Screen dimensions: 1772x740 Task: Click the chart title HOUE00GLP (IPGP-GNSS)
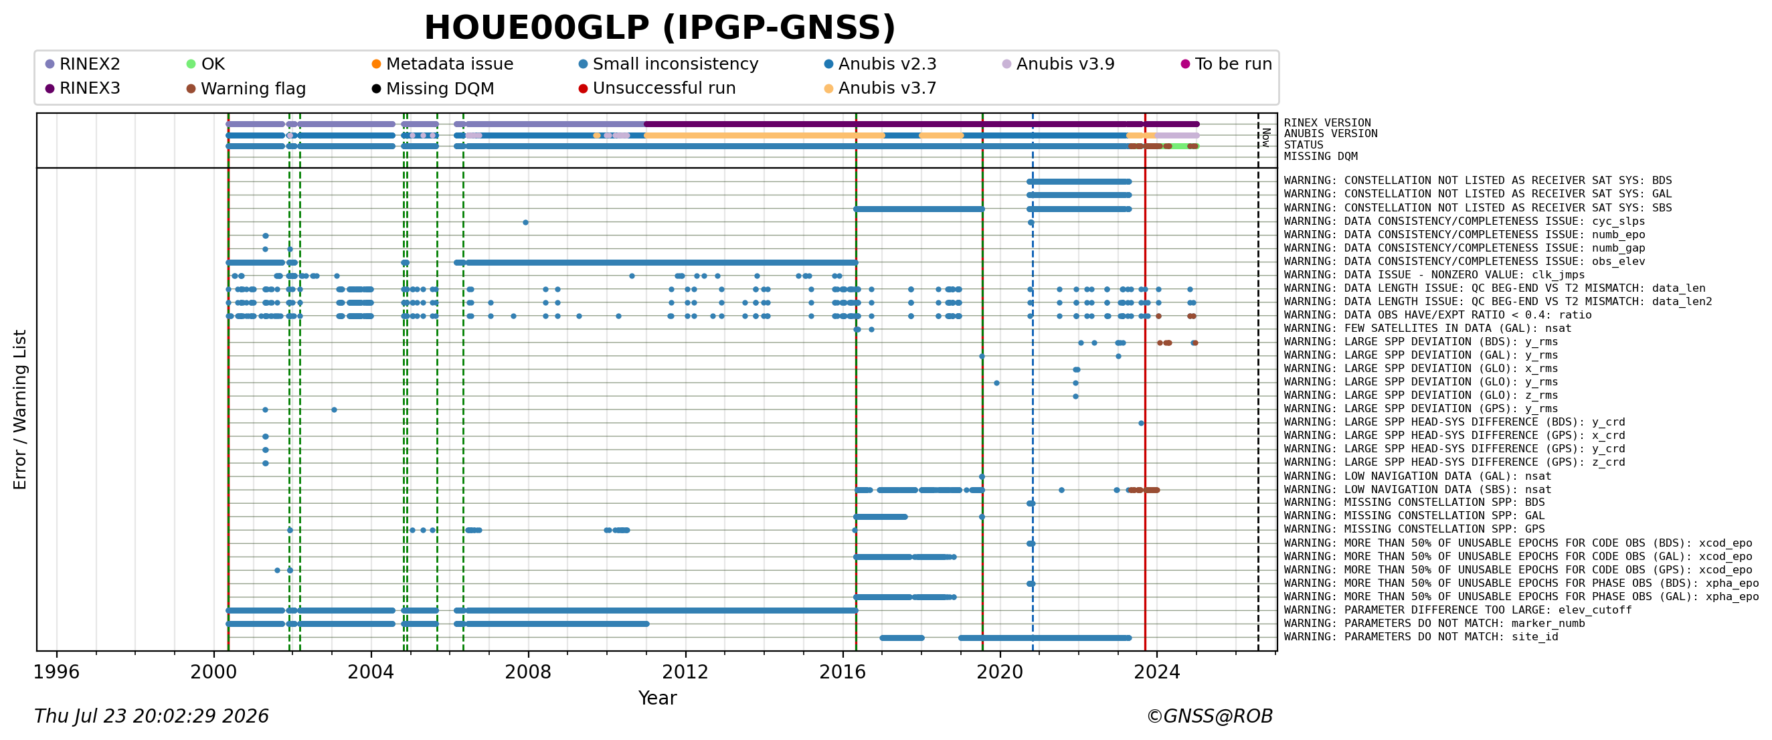[660, 28]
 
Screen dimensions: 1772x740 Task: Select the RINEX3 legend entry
[82, 89]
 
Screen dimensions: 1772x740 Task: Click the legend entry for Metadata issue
[442, 64]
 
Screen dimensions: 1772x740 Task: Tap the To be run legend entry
[1227, 64]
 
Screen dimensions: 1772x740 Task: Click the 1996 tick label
[56, 672]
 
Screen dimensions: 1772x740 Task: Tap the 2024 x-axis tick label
[1156, 672]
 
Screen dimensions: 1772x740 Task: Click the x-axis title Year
[657, 698]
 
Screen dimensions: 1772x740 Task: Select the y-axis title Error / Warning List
[20, 409]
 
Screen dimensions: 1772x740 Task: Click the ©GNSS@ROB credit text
[1209, 716]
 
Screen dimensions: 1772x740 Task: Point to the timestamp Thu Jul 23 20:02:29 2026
[151, 716]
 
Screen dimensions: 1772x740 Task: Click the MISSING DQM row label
[1321, 157]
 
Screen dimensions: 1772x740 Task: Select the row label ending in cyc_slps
[1465, 221]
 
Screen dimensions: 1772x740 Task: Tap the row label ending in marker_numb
[1434, 624]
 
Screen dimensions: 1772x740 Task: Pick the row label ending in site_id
[1421, 637]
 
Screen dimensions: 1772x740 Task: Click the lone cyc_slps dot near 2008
[525, 222]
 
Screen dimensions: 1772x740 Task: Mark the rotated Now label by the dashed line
[1266, 138]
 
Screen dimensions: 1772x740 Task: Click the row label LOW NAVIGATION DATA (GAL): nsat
[1418, 476]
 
